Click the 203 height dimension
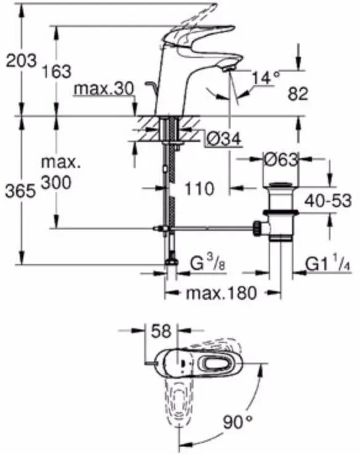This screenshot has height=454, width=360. [19, 60]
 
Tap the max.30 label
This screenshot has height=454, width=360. [103, 89]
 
